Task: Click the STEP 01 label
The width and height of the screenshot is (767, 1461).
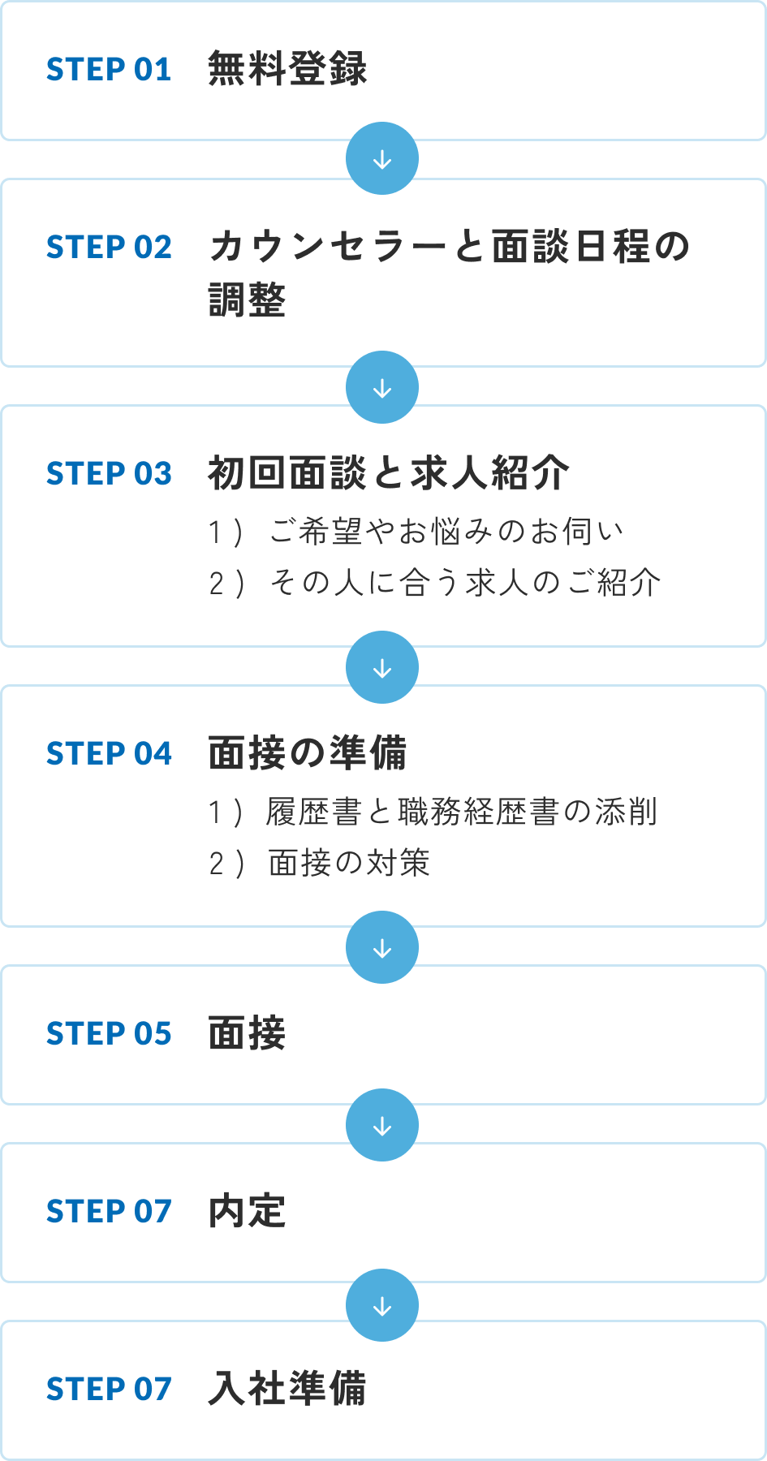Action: click(109, 70)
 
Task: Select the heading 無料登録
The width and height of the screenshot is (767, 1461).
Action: click(287, 69)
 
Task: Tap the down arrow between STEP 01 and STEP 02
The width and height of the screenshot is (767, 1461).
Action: click(382, 159)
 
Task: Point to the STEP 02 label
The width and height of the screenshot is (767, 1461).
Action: click(109, 248)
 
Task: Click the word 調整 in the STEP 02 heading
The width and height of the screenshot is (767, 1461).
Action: click(248, 300)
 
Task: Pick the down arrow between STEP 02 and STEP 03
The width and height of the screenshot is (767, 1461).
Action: click(382, 388)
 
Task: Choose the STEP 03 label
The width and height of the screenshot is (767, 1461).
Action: click(109, 474)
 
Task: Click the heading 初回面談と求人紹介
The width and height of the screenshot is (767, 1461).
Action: click(388, 473)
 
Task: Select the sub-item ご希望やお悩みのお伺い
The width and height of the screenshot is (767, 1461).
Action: click(446, 532)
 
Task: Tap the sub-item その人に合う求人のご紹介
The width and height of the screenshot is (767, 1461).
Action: click(465, 583)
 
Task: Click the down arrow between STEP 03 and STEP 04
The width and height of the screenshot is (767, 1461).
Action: click(382, 668)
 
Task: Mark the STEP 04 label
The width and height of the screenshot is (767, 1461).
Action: click(109, 754)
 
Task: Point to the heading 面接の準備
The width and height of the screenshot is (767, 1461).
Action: click(308, 753)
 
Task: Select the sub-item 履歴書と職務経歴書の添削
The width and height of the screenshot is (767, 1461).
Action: click(461, 812)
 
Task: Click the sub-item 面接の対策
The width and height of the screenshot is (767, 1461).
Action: click(349, 863)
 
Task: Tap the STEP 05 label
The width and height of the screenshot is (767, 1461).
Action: click(109, 1034)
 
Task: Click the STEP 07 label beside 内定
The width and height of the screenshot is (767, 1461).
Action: click(109, 1212)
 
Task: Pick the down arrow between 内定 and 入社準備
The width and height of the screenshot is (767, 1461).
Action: click(382, 1306)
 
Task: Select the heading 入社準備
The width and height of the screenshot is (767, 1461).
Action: click(287, 1389)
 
